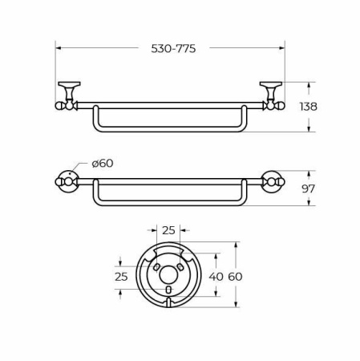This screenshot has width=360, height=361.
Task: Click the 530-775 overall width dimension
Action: pyautogui.click(x=173, y=48)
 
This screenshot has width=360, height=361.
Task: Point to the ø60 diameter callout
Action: pyautogui.click(x=102, y=163)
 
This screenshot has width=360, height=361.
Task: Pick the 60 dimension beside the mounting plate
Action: pyautogui.click(x=234, y=277)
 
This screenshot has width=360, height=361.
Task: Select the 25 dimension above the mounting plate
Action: pyautogui.click(x=168, y=231)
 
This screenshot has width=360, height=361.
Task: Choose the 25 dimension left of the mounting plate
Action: pyautogui.click(x=121, y=277)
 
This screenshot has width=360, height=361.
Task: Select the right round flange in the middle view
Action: pyautogui.click(x=273, y=182)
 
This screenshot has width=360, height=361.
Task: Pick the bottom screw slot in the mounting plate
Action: pyautogui.click(x=168, y=290)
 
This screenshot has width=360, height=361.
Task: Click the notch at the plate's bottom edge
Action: pyautogui.click(x=168, y=303)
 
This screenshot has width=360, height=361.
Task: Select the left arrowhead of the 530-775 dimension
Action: pyautogui.click(x=59, y=48)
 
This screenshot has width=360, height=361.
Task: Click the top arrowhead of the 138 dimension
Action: pyautogui.click(x=310, y=84)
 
